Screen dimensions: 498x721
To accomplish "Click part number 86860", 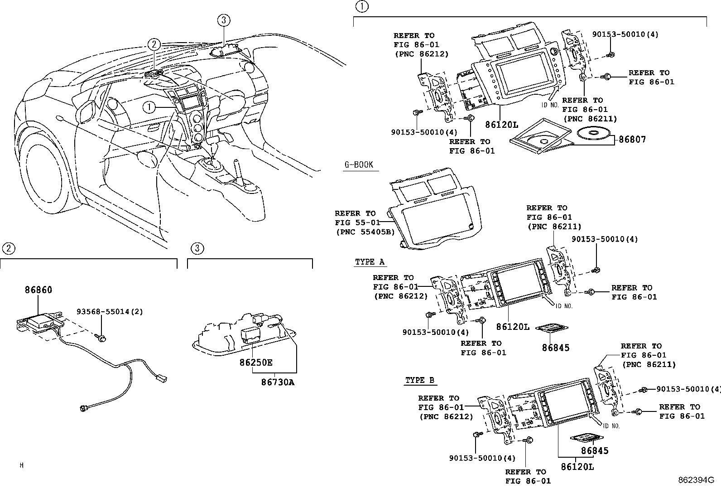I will click(38, 290).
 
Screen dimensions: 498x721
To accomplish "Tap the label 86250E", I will click(256, 363).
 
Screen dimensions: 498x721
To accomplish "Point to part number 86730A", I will click(277, 382).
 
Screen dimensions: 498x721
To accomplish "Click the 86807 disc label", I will click(632, 140).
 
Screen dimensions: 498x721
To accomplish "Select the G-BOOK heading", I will click(359, 164).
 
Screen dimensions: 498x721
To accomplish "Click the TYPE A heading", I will click(370, 262).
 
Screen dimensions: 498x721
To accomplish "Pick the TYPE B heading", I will click(420, 380).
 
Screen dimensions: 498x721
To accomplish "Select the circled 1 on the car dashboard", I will click(148, 107).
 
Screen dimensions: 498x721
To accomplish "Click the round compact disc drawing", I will click(593, 134).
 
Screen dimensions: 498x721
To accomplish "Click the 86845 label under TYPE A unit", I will click(555, 348).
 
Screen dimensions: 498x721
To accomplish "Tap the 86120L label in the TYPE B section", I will click(577, 466).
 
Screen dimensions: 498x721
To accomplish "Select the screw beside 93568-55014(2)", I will click(101, 338).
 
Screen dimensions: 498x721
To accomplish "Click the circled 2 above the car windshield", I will click(154, 44).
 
